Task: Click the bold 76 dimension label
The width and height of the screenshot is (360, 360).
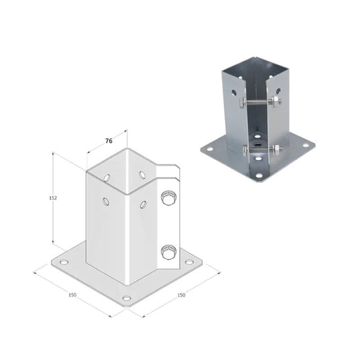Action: pos(109,141)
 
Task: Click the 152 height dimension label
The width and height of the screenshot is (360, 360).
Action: pos(53,198)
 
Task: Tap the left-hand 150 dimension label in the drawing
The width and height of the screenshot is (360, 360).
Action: pos(73,295)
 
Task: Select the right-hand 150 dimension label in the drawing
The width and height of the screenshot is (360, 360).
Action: pos(181,295)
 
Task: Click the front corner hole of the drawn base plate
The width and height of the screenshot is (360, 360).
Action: pos(127,298)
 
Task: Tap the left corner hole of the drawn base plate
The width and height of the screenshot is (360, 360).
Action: pos(64,262)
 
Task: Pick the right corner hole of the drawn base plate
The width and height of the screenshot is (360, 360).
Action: pos(189,262)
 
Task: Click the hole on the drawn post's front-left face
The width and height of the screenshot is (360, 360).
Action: pos(106,202)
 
